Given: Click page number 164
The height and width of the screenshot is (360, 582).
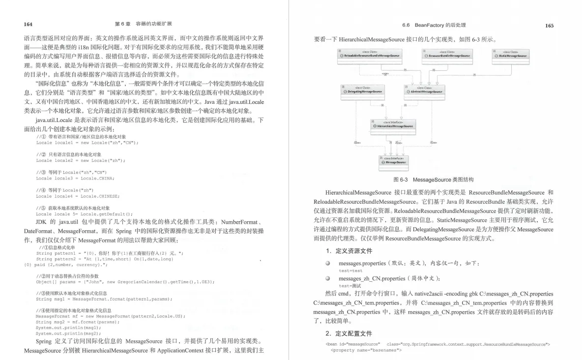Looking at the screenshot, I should point(28,24).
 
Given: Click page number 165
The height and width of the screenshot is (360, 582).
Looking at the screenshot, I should point(549,26).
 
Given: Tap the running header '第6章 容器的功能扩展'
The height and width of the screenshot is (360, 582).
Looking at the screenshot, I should point(143,24).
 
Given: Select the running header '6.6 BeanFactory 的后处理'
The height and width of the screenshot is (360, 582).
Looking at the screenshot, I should point(434,25).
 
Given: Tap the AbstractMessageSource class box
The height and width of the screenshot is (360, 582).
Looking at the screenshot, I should point(424,90).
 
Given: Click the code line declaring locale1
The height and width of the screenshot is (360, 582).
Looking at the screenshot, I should point(87,143).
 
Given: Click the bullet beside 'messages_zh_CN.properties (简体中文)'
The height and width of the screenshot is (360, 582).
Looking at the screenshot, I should point(327,279).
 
